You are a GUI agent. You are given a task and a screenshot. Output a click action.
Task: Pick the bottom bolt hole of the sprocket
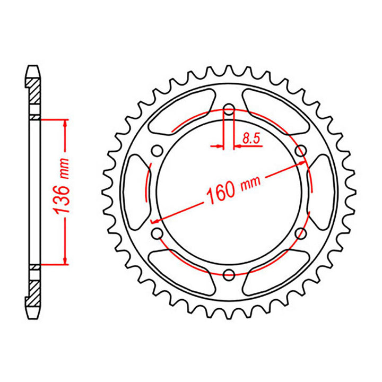[229, 274]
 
